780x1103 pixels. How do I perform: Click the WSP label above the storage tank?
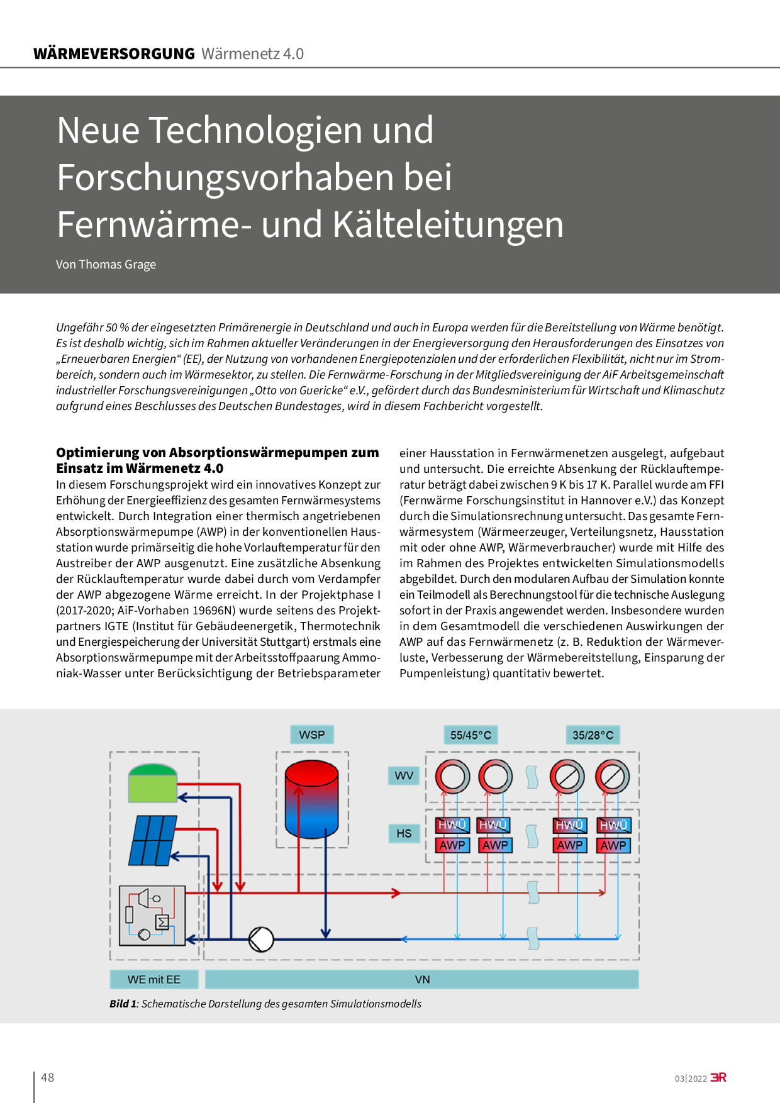tap(312, 734)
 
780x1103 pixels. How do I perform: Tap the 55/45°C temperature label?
tap(471, 735)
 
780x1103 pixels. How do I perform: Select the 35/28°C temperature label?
tap(593, 735)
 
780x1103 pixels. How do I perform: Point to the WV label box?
tap(404, 775)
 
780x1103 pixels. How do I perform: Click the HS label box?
tap(404, 833)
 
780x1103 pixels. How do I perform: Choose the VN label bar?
tap(422, 979)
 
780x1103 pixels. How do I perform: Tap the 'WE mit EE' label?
tap(154, 979)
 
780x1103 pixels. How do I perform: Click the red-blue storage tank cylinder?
tap(312, 799)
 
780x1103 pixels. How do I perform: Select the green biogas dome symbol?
tap(153, 782)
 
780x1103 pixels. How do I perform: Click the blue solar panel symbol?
tap(153, 840)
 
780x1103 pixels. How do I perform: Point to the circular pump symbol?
tap(261, 939)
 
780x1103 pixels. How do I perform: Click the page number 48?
tap(48, 1077)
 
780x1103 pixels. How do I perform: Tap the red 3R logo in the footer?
tap(718, 1077)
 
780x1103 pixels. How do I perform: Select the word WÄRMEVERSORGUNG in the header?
tap(114, 54)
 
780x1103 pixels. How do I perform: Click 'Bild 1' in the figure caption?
tap(123, 1004)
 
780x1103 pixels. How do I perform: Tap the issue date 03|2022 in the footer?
tap(691, 1078)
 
